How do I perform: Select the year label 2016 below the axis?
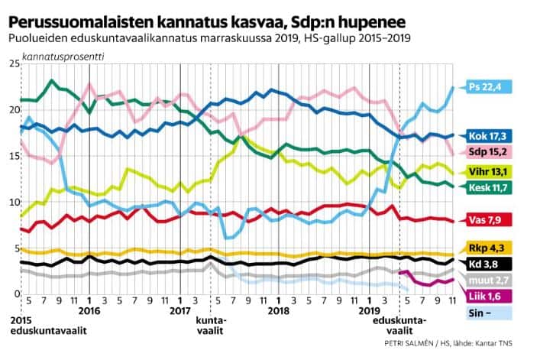pos(90,312)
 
